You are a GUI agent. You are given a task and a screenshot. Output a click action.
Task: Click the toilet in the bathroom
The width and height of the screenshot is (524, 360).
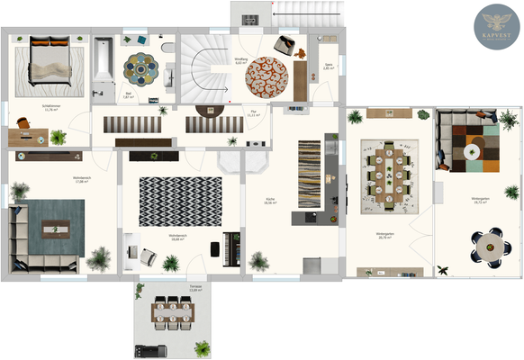[167, 47]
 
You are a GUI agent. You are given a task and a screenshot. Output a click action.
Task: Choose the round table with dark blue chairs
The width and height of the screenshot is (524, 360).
[492, 245]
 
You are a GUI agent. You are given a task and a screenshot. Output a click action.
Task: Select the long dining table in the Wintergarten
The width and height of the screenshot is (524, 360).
[387, 174]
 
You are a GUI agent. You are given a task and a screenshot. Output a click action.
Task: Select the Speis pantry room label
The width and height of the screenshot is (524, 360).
[329, 66]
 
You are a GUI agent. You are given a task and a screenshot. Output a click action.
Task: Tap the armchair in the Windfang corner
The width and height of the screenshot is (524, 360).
[285, 44]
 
